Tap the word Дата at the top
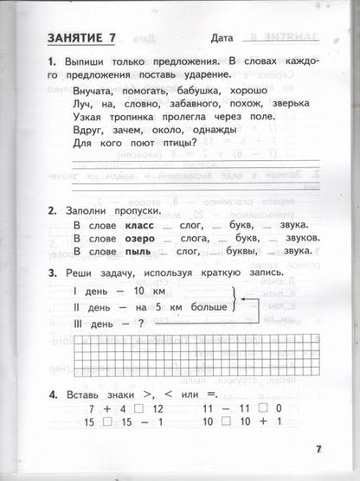point(227,38)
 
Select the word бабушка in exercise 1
point(181,90)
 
